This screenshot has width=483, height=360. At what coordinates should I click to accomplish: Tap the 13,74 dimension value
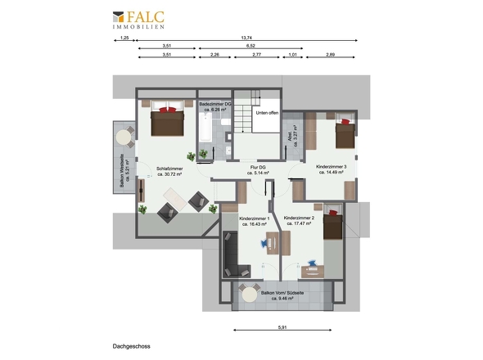pos(246,38)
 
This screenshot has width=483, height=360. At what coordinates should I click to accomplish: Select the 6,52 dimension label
pos(251,47)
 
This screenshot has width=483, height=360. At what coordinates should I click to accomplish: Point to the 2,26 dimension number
pos(214,55)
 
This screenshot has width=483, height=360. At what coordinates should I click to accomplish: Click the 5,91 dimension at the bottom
pos(282,329)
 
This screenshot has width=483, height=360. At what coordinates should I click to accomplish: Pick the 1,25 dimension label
pos(124,38)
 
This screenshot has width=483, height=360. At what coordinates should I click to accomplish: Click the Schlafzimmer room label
pos(168,169)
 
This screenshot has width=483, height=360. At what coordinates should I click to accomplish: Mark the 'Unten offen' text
pos(267,113)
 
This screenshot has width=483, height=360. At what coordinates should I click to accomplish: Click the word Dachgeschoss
pos(131,346)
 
